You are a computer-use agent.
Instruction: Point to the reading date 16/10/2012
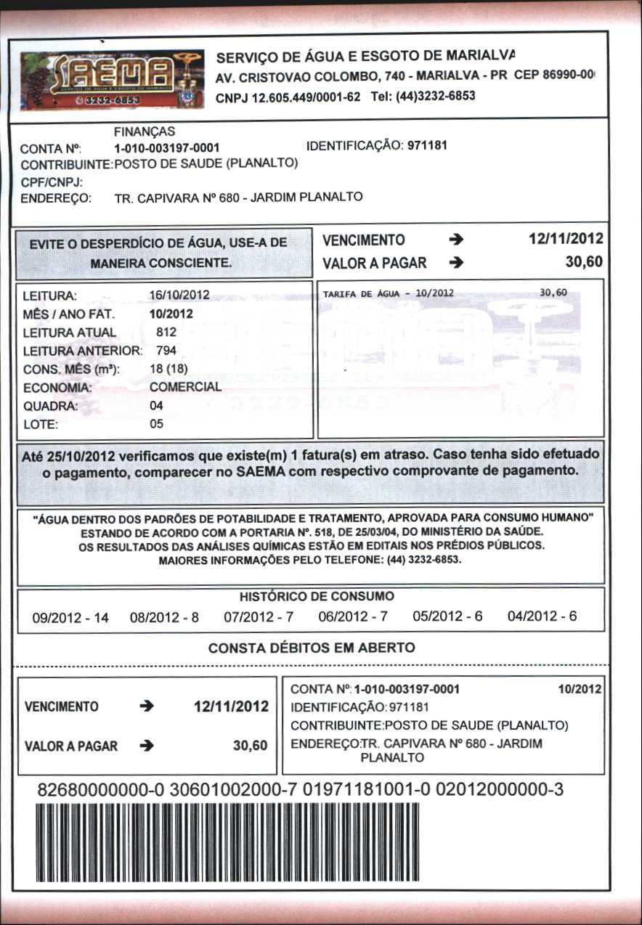click(x=179, y=295)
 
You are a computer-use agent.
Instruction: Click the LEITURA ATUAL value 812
click(x=166, y=332)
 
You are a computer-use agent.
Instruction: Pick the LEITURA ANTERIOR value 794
click(x=166, y=351)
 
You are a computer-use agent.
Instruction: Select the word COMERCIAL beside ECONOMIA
click(x=185, y=387)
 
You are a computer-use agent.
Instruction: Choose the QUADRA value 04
click(x=156, y=406)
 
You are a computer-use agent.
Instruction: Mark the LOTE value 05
click(x=156, y=424)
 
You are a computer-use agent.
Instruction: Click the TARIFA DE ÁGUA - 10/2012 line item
click(x=388, y=293)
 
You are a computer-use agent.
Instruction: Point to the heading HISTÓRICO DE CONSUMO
click(x=317, y=597)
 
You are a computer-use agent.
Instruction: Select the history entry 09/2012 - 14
click(x=70, y=618)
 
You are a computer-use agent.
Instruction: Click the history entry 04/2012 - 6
click(x=542, y=616)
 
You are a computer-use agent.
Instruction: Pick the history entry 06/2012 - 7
click(x=353, y=617)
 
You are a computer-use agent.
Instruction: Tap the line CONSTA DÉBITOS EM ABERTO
click(x=312, y=648)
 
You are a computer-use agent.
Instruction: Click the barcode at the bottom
click(x=227, y=844)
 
